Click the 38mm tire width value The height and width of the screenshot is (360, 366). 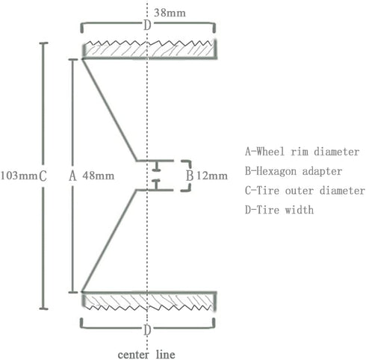170,13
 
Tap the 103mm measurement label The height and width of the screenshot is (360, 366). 19,176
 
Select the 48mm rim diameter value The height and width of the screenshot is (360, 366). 99,176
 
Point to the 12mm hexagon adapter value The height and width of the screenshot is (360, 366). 212,176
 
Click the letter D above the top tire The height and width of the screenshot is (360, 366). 147,25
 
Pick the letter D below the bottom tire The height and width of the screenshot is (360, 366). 147,330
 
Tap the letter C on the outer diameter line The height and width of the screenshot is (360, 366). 43,176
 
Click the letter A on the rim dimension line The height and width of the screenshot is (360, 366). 72,176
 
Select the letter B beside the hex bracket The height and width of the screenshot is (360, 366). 190,176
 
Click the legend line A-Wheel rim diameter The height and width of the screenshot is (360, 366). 303,152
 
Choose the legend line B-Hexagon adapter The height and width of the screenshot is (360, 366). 294,171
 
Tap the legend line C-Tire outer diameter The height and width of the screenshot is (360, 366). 305,190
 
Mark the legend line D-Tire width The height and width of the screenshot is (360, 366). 279,210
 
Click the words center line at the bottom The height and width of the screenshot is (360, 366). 146,354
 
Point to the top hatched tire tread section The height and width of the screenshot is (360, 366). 149,49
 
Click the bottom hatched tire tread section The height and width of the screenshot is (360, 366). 149,301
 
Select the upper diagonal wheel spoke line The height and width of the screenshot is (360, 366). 110,110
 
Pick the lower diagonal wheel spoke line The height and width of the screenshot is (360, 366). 110,240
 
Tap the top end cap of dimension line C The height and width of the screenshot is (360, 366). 43,43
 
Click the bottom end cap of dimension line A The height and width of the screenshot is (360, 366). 73,292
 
